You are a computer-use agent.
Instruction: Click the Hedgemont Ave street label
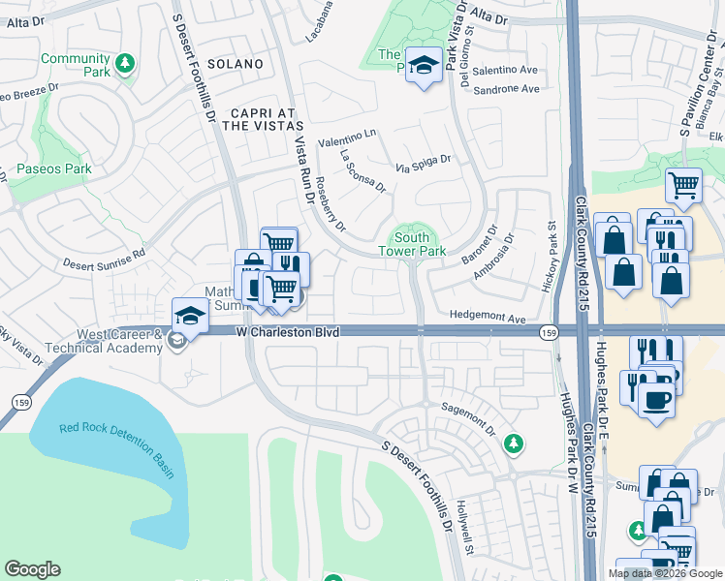click(487, 317)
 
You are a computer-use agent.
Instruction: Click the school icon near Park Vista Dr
click(423, 65)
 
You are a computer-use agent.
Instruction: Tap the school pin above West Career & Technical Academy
click(190, 315)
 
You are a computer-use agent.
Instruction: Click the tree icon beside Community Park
click(124, 65)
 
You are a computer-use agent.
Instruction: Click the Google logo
click(32, 569)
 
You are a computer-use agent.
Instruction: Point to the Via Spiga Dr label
click(424, 165)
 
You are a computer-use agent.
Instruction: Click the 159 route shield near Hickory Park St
click(549, 332)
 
